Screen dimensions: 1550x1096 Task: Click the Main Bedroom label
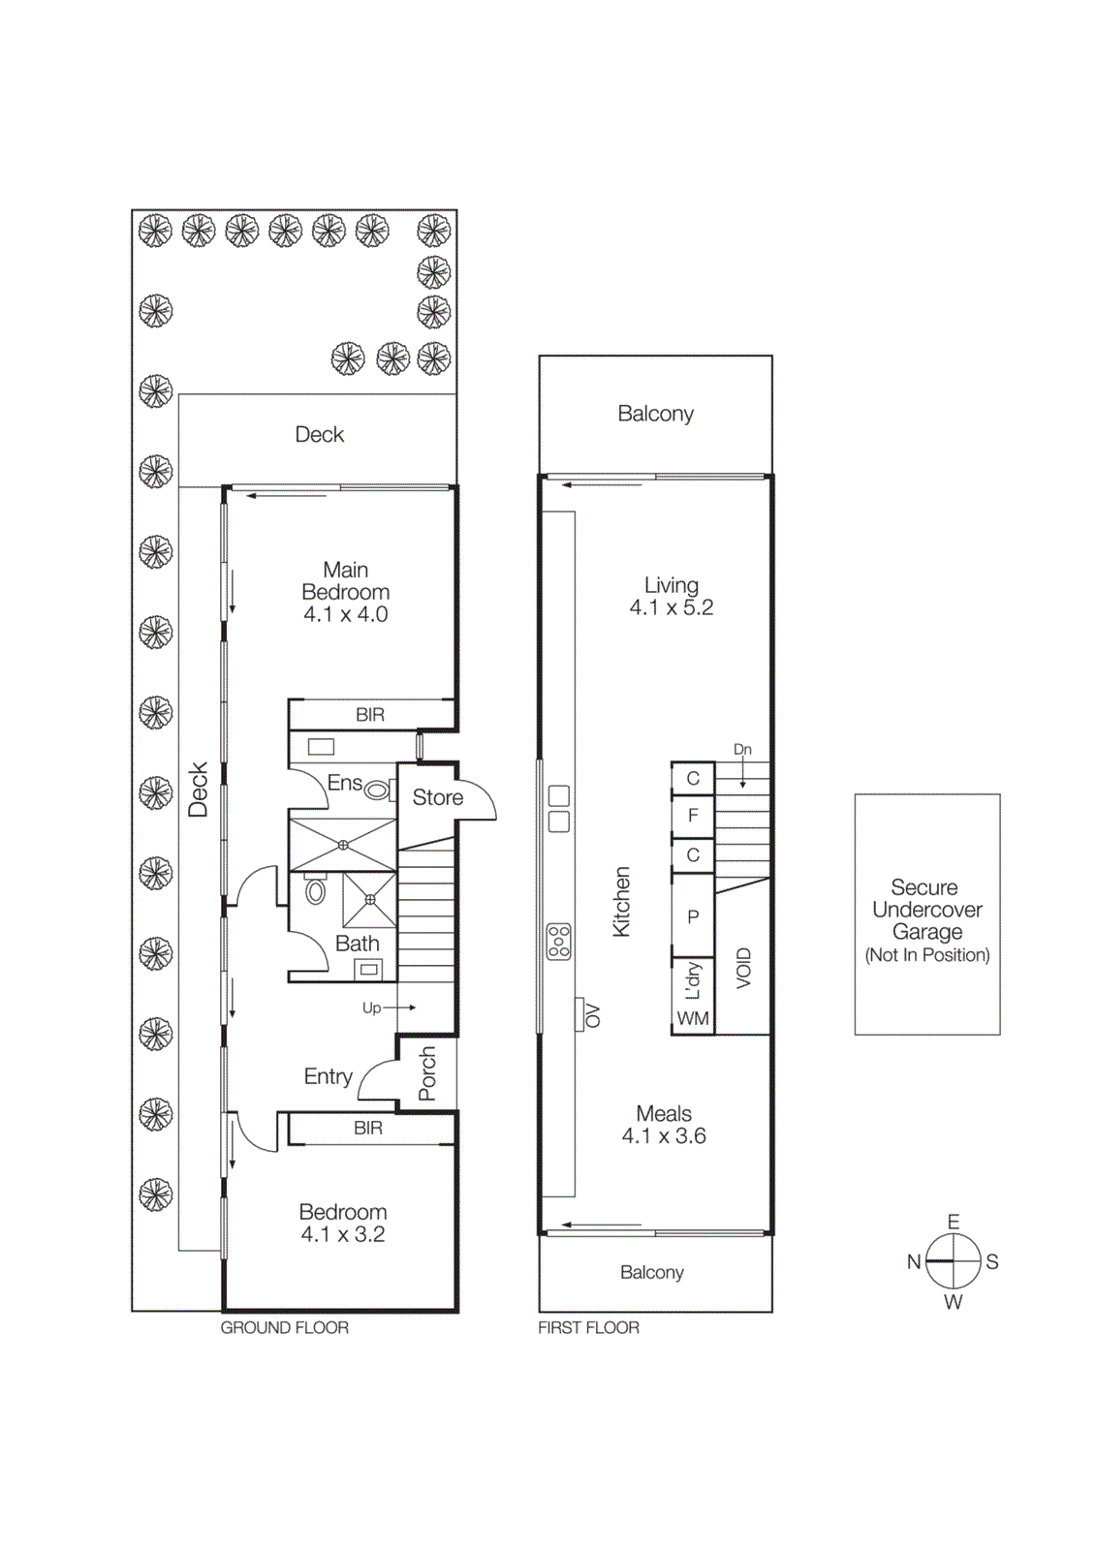[x=345, y=591]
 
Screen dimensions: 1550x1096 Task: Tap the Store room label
[x=437, y=797]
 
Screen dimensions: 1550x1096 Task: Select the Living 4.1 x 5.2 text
[x=671, y=597]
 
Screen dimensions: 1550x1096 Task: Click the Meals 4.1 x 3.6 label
[x=664, y=1125]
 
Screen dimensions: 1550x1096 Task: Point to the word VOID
[x=743, y=968]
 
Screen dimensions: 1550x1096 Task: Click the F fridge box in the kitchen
[x=693, y=816]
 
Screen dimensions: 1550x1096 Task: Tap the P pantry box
[x=693, y=916]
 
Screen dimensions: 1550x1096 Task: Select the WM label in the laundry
[x=693, y=1018]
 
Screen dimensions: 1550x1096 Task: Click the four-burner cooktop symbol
[x=559, y=942]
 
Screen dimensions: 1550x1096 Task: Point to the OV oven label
[x=593, y=1015]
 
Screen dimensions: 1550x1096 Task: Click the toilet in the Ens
[x=376, y=791]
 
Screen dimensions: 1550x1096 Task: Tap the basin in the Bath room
[x=368, y=968]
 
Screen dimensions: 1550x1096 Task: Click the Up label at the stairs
[x=371, y=1007]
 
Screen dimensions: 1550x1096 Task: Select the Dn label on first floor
[x=742, y=749]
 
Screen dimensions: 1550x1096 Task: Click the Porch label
[x=427, y=1073]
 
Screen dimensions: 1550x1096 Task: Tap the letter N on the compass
[x=913, y=1261]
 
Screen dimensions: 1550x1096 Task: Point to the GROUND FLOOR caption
[x=284, y=1327]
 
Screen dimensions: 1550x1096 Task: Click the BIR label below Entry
[x=368, y=1128]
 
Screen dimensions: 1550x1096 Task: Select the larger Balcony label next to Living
[x=655, y=414]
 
